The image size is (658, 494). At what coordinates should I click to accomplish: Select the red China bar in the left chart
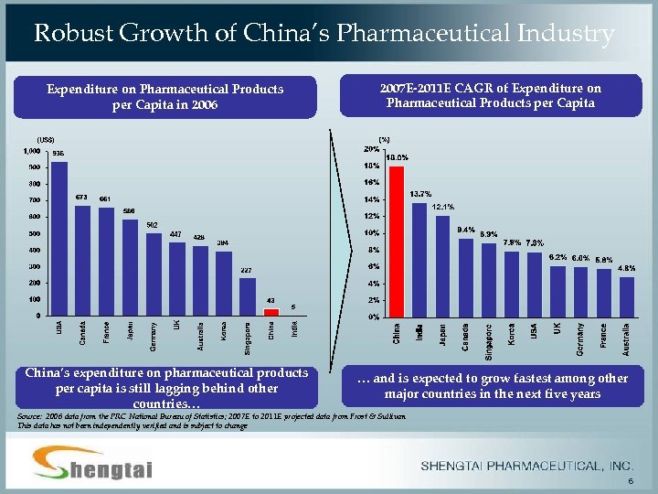(271, 312)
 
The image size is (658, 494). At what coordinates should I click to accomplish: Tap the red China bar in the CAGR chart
(396, 242)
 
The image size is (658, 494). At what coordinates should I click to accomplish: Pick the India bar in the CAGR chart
(419, 259)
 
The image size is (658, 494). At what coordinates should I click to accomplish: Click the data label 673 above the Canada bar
(81, 197)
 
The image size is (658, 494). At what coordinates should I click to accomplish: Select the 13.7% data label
(420, 194)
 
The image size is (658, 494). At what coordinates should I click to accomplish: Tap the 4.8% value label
(627, 268)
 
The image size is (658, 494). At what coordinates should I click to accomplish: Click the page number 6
(630, 482)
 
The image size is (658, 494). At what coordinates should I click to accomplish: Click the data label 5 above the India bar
(293, 306)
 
